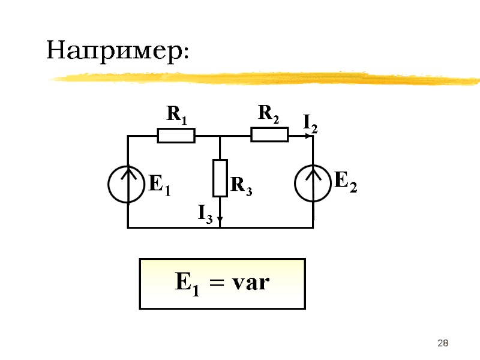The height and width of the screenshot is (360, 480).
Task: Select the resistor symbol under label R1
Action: click(176, 136)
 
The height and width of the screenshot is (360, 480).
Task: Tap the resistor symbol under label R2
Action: click(269, 136)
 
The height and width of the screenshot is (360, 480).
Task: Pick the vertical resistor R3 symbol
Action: click(221, 178)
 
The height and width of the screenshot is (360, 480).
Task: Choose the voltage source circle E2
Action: click(313, 183)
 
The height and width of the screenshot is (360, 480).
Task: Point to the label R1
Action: click(176, 114)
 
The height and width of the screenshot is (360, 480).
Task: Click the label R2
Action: click(269, 112)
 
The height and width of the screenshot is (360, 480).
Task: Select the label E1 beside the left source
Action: click(160, 185)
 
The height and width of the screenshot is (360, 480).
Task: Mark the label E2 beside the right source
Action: click(346, 181)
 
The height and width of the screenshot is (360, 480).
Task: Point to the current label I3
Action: click(205, 213)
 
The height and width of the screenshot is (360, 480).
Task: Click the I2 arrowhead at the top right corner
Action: click(311, 136)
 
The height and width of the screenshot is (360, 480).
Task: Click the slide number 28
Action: click(443, 343)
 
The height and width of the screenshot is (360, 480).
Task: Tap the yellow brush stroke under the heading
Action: click(264, 78)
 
